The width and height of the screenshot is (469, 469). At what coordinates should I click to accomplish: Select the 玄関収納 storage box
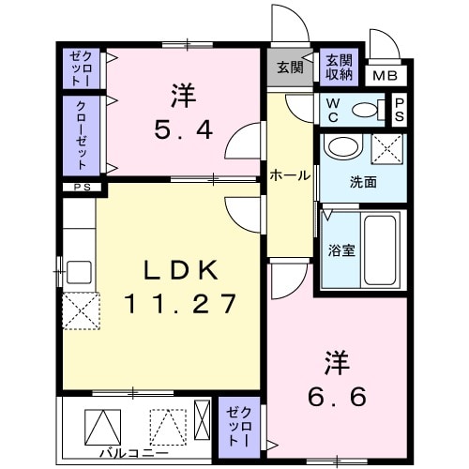tap(340, 67)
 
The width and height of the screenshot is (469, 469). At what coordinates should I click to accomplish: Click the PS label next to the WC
tap(400, 108)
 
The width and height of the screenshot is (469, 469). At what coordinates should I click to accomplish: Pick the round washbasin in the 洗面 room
tap(342, 147)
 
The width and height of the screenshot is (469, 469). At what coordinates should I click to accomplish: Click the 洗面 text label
tap(363, 182)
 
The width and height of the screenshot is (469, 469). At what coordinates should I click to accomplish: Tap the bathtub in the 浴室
tap(381, 250)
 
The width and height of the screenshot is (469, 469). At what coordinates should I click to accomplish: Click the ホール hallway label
tap(289, 174)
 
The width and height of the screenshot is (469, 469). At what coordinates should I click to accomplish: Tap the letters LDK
tap(180, 270)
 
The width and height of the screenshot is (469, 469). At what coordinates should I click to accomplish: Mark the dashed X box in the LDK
tap(81, 309)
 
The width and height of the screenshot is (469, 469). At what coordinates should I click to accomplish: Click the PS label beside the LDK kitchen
tap(78, 188)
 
